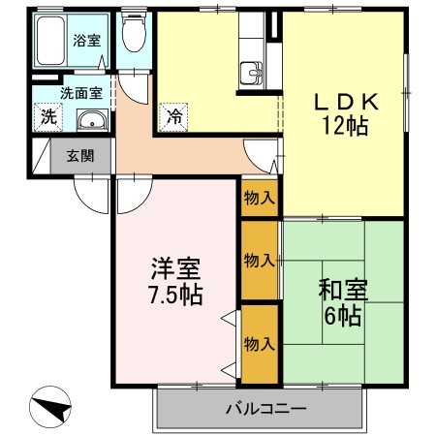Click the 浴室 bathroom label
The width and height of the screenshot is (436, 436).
point(86,41)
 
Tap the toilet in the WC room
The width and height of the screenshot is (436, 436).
point(136,35)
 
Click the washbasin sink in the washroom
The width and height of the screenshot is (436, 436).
point(90,119)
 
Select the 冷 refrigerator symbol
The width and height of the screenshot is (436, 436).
point(174,116)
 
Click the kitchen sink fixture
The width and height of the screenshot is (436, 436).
point(252,73)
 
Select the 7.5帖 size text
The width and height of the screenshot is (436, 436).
point(175,295)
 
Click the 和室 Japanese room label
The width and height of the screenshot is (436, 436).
point(343,288)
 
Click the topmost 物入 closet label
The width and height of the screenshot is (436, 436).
point(260,198)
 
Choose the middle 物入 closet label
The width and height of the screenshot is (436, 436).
point(260,261)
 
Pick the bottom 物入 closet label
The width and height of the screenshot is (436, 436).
point(260,344)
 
